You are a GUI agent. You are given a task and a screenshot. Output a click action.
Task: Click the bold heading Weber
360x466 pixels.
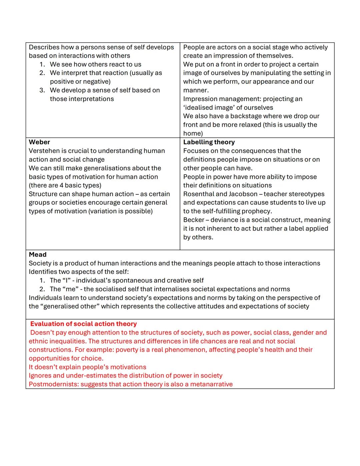pos(39,142)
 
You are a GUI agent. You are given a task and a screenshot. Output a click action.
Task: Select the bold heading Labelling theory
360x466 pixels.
pos(209,142)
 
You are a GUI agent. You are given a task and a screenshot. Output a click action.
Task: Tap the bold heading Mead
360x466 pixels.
pos(37,255)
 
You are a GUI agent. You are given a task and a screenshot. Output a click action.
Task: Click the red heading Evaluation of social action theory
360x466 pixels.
pos(83,324)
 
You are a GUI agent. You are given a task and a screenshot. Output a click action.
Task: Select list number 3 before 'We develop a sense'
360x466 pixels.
pos(42,90)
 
